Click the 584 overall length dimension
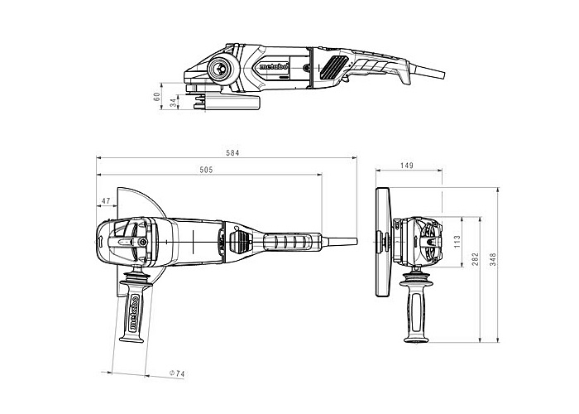[x=232, y=152]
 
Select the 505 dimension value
[x=206, y=170]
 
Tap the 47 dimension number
[x=106, y=200]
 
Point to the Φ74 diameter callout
[x=177, y=373]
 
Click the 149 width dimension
[x=407, y=166]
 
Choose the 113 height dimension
[x=457, y=242]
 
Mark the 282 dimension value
[x=475, y=258]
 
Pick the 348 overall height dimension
[x=493, y=259]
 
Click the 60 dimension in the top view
[x=156, y=97]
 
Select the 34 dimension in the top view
[x=173, y=103]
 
